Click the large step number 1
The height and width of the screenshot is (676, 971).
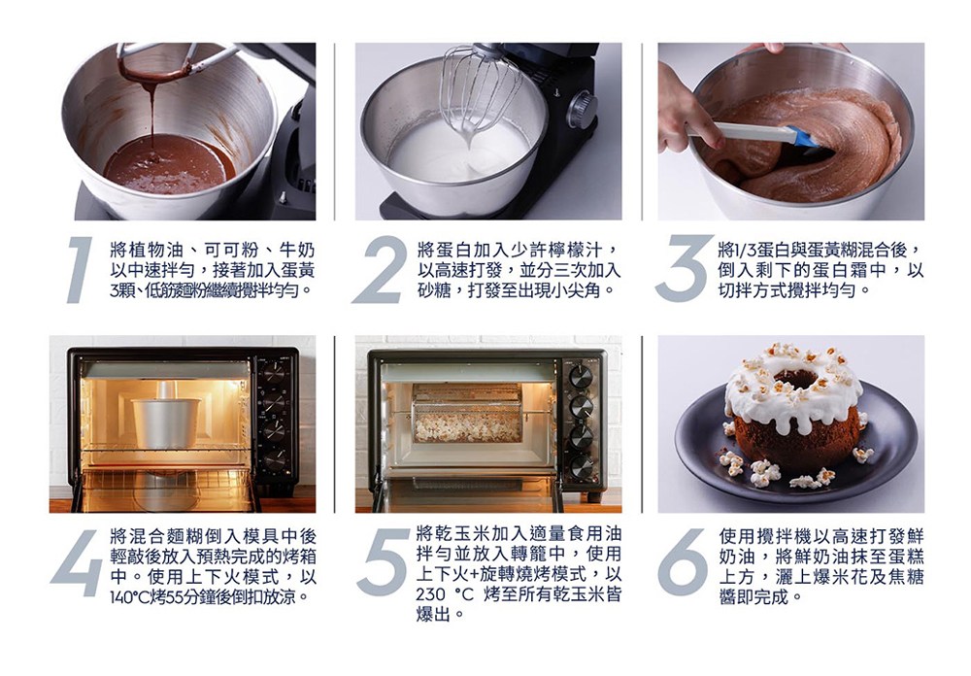click(x=80, y=270)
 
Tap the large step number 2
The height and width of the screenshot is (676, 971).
click(x=379, y=270)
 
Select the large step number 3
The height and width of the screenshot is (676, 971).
click(x=682, y=270)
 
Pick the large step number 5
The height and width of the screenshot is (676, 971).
click(x=383, y=562)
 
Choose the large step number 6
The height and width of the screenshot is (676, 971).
click(x=683, y=562)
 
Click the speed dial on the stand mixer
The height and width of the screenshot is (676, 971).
click(x=581, y=111)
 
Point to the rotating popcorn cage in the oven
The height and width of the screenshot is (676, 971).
click(x=467, y=414)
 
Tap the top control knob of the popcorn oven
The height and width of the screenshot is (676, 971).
click(x=581, y=376)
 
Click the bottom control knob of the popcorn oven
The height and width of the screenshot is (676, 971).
click(x=581, y=466)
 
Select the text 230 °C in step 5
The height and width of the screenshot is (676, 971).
click(x=446, y=594)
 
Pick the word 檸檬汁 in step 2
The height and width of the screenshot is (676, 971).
click(x=581, y=250)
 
